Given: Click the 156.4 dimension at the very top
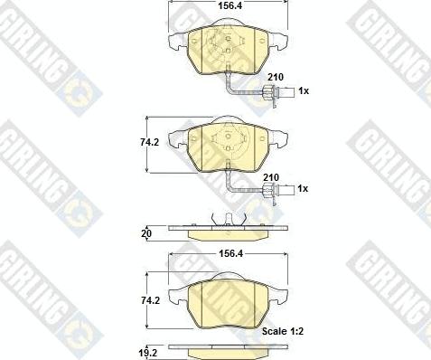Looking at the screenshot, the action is coord(230,5).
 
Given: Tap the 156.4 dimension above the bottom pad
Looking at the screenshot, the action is coord(230,253).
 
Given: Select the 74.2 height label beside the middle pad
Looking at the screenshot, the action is coord(149,142).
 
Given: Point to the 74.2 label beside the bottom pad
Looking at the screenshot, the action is coord(150,300).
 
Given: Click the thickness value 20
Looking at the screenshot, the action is coord(146,233).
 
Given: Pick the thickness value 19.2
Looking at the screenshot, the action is coord(148,353).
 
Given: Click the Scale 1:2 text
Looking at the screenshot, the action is coord(283,331).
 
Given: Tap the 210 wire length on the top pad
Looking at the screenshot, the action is coord(276,77).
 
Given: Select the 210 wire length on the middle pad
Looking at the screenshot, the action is coord(271,177).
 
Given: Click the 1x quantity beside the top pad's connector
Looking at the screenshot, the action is coord(304,90).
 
